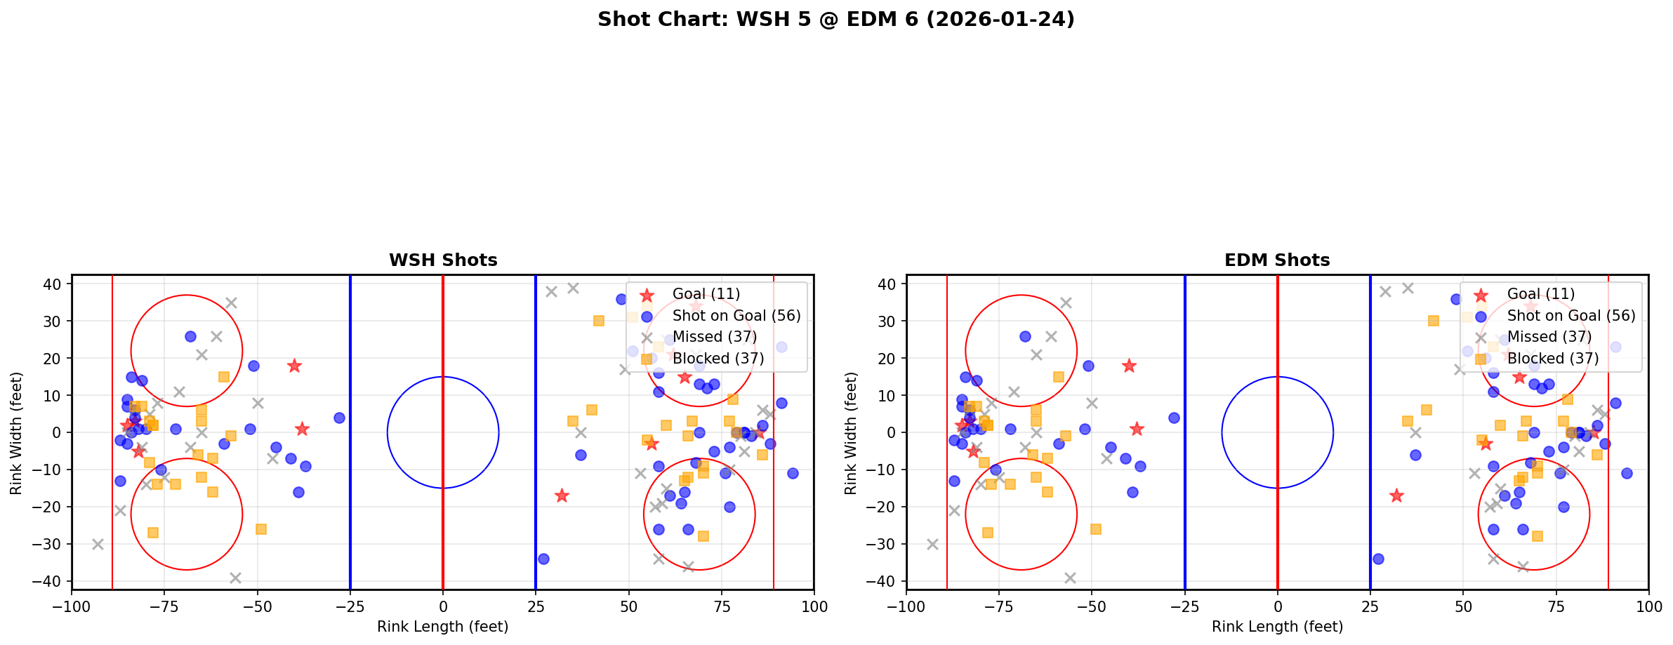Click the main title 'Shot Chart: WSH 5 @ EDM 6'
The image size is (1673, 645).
[x=835, y=19]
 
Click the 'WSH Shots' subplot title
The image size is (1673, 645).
[x=443, y=260]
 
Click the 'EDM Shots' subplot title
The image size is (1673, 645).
[x=1277, y=260]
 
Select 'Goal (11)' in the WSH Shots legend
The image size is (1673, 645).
[x=706, y=294]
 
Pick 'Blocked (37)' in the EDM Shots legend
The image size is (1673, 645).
[x=1552, y=359]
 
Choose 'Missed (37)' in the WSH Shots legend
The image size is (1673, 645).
[x=714, y=337]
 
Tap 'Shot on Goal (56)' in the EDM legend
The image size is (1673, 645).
[x=1570, y=316]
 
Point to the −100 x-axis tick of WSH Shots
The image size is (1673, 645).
[x=72, y=606]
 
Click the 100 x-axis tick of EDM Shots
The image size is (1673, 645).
[x=1648, y=606]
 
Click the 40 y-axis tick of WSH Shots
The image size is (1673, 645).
[x=55, y=284]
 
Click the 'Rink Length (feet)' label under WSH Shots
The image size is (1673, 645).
[x=443, y=627]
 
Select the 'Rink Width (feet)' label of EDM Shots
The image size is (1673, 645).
[x=851, y=432]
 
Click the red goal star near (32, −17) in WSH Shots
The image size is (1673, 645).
[x=562, y=496]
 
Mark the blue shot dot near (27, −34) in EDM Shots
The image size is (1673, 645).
[x=1377, y=559]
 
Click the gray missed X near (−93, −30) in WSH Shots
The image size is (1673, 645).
[x=98, y=544]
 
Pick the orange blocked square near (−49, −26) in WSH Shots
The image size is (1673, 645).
[x=261, y=529]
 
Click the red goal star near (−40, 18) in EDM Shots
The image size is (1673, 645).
[x=1129, y=366]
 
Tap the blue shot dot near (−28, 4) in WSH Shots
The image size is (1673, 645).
[x=339, y=418]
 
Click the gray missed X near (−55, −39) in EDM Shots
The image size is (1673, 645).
[x=1070, y=578]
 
